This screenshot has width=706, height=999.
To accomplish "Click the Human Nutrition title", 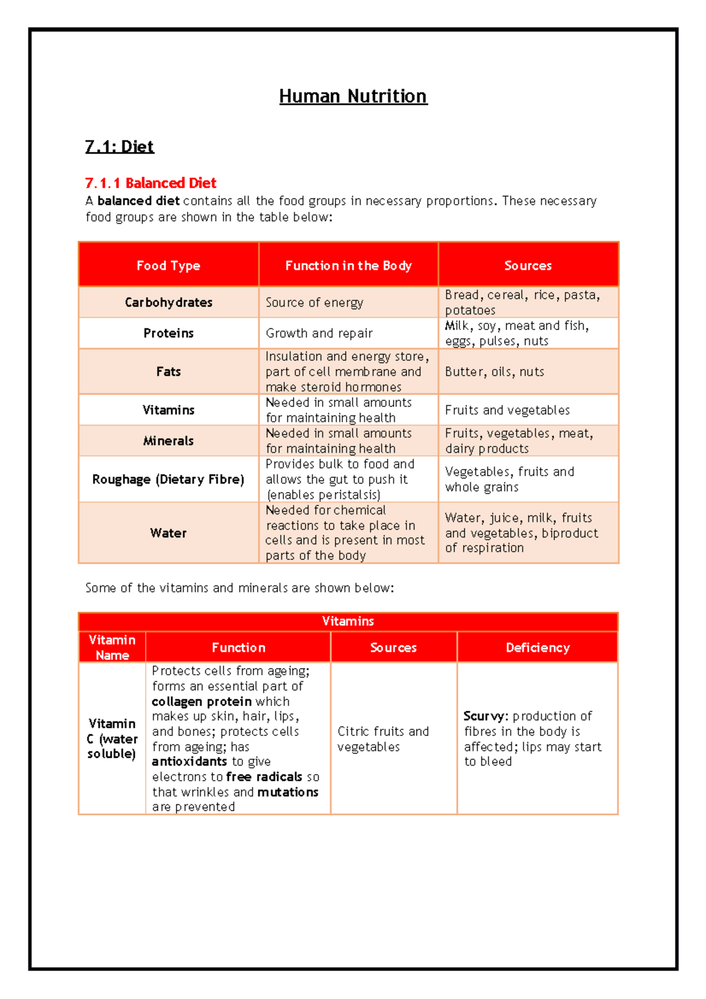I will pyautogui.click(x=353, y=96).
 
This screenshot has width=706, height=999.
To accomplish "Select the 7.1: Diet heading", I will pyautogui.click(x=119, y=146).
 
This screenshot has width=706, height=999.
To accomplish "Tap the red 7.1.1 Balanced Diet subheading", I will pyautogui.click(x=151, y=183).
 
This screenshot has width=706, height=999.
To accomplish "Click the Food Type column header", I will pyautogui.click(x=168, y=265).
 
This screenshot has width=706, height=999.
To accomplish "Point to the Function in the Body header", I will pyautogui.click(x=348, y=265).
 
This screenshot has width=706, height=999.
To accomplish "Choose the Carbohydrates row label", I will pyautogui.click(x=168, y=302).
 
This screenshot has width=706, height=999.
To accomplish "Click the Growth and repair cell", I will pyautogui.click(x=319, y=334).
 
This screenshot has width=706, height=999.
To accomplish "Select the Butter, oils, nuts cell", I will pyautogui.click(x=494, y=372).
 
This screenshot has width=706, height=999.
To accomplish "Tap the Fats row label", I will pyautogui.click(x=168, y=372).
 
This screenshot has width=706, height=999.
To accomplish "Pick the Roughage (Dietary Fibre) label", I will pyautogui.click(x=168, y=479).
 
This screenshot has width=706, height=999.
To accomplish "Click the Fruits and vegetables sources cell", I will pyautogui.click(x=507, y=410).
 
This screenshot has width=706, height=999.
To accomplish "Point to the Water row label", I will pyautogui.click(x=168, y=533).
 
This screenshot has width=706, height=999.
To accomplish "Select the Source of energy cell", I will pyautogui.click(x=314, y=302).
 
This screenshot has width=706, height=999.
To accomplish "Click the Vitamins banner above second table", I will pyautogui.click(x=348, y=621).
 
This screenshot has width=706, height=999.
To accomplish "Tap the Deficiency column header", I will pyautogui.click(x=537, y=648).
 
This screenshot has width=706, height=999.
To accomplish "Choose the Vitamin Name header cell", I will pyautogui.click(x=112, y=648).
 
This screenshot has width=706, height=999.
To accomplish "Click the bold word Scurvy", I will pyautogui.click(x=484, y=716).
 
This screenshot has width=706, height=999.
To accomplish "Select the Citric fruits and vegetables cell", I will pyautogui.click(x=383, y=739).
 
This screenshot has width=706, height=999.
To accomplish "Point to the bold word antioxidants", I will pyautogui.click(x=189, y=761).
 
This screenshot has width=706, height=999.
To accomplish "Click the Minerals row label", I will pyautogui.click(x=168, y=441).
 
